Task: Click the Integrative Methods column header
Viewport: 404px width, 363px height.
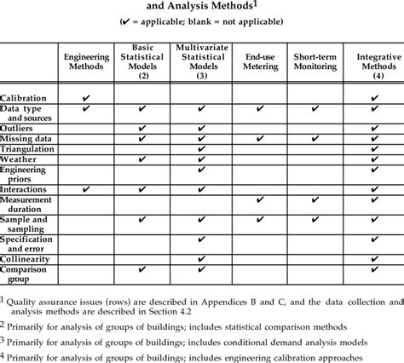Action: click(x=373, y=63)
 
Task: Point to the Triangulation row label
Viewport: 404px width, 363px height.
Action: click(x=28, y=148)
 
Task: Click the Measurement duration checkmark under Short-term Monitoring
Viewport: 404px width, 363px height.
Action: click(x=315, y=201)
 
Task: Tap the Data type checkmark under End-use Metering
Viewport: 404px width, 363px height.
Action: click(x=259, y=110)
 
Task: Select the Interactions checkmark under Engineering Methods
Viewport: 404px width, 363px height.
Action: click(x=86, y=188)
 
